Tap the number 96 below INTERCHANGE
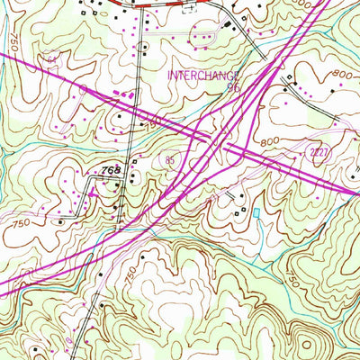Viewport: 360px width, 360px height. pyautogui.click(x=233, y=89)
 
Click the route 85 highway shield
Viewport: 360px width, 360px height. pyautogui.click(x=170, y=160)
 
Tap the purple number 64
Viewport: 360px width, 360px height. pyautogui.click(x=53, y=59)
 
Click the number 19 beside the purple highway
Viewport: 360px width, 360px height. pyautogui.click(x=154, y=120)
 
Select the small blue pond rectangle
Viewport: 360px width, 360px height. pyautogui.click(x=256, y=212)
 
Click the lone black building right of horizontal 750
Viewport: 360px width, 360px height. pyautogui.click(x=61, y=219)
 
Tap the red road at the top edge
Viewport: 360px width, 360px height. pyautogui.click(x=162, y=4)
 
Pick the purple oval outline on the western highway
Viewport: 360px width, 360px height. pyautogui.click(x=83, y=91)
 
